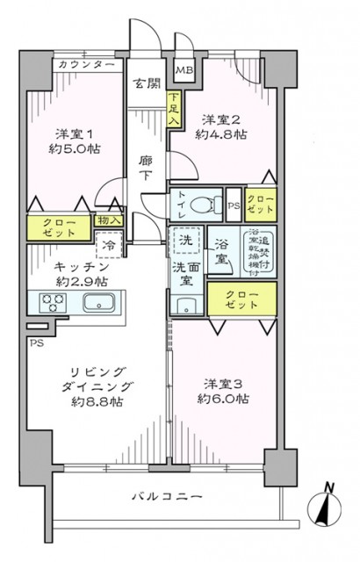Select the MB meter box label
tap(185, 71)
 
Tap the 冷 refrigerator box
tap(110, 246)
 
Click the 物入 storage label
tap(110, 221)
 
